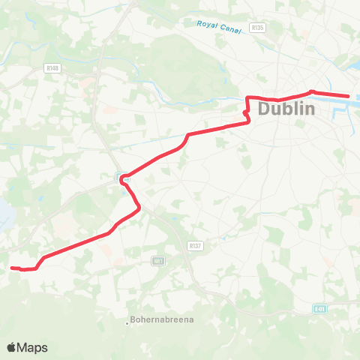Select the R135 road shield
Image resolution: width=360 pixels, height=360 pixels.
(259, 27)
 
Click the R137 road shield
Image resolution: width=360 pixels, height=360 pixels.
(195, 245)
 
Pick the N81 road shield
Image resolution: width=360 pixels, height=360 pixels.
(157, 260)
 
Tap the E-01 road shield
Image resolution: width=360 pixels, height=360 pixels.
(321, 307)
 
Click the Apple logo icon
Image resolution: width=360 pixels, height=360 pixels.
(12, 347)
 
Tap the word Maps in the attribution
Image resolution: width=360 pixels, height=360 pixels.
(32, 347)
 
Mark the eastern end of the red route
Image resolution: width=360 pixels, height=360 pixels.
(349, 96)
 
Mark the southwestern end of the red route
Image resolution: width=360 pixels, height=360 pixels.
(13, 267)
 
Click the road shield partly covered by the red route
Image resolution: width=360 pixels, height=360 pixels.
(122, 177)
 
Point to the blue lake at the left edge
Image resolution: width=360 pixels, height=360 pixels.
(4, 214)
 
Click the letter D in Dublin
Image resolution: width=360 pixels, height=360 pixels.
(265, 109)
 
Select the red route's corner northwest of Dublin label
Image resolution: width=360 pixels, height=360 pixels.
(248, 97)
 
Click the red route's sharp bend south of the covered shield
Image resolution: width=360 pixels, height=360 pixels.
(137, 210)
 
